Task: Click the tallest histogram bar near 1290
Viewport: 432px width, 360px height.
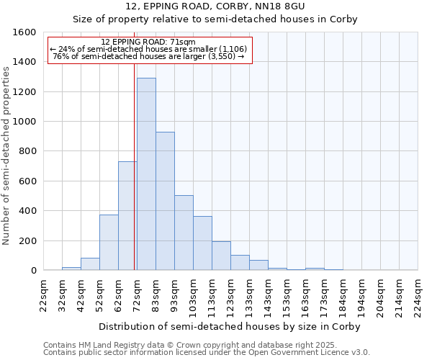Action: coord(146,174)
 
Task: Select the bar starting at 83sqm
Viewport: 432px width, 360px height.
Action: coord(165,202)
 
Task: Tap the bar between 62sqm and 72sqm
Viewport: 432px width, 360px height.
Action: coord(127,216)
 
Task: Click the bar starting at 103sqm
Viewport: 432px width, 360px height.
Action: coord(202,243)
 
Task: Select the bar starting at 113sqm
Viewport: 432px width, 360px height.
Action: coord(221,256)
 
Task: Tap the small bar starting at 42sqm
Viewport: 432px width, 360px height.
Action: coord(90,264)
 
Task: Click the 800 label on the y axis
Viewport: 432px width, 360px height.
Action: coord(28,151)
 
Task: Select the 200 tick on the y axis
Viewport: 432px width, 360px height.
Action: coord(28,240)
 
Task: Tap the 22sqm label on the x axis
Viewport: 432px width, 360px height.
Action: coord(43,296)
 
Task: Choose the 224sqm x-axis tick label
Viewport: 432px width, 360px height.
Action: coord(418,296)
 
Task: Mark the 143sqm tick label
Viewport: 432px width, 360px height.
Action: coord(268,296)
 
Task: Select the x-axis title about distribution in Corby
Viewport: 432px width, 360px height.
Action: coord(230,326)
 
